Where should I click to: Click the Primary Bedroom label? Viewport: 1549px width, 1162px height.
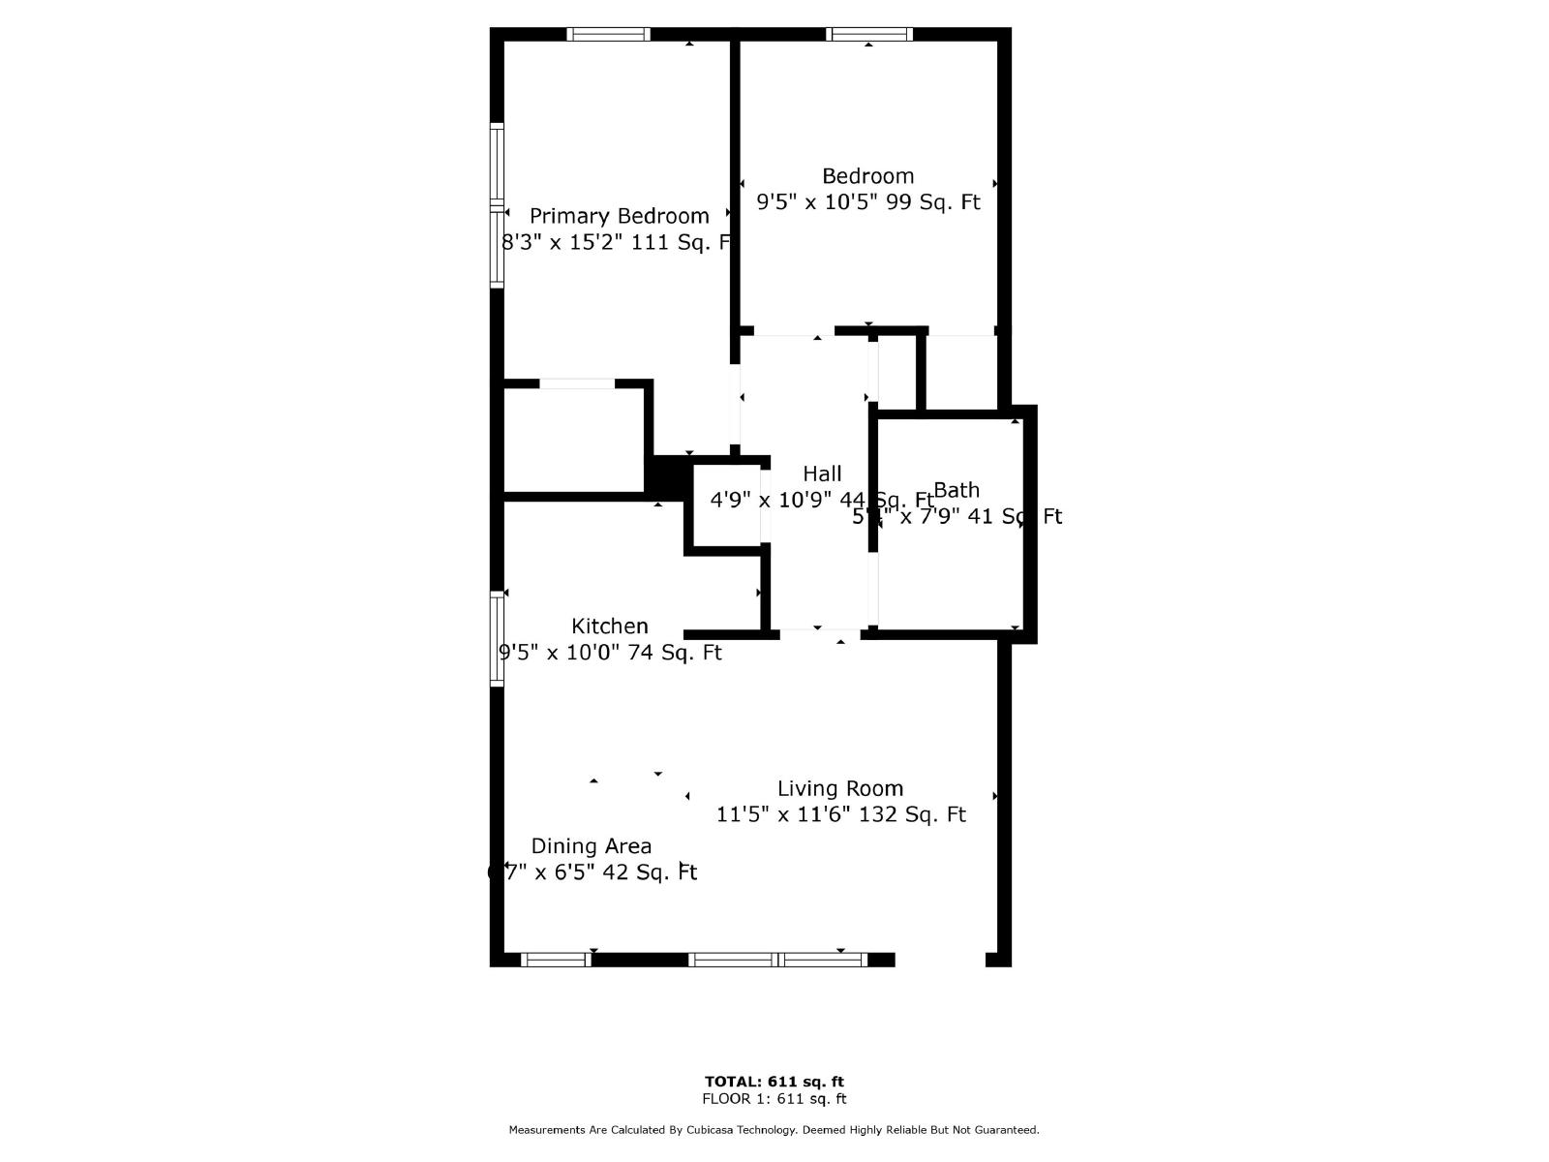(x=619, y=216)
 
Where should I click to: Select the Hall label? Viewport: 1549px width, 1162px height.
(x=822, y=474)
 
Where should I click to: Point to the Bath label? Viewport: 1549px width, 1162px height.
(x=957, y=490)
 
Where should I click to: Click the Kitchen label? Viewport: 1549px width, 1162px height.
(x=610, y=626)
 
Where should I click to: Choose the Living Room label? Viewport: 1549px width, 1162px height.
(x=840, y=788)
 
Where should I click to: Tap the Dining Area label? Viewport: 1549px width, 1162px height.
(x=592, y=846)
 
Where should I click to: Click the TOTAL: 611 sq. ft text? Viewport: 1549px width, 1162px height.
(x=774, y=1082)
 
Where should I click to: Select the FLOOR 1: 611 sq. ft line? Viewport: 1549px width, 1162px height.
(x=774, y=1099)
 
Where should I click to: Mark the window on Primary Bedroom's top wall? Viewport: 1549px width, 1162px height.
(x=608, y=35)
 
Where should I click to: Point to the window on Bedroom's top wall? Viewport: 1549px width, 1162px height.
(x=869, y=35)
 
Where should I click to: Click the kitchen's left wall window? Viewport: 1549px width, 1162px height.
(x=498, y=639)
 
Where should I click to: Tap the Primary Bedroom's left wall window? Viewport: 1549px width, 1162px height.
(x=498, y=206)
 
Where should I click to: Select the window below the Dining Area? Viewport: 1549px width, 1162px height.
(x=556, y=960)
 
